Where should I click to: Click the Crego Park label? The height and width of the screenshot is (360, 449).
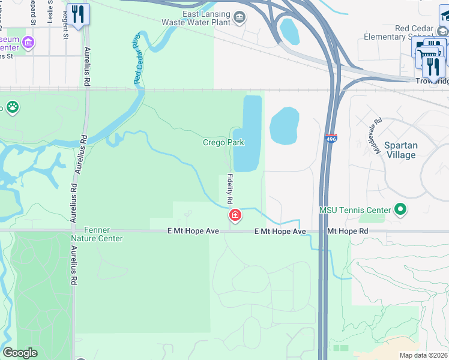(223, 143)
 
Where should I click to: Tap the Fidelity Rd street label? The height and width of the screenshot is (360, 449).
(230, 188)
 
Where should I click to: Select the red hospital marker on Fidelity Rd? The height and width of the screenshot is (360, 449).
(235, 215)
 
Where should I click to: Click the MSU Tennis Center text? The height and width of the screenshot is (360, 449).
(354, 210)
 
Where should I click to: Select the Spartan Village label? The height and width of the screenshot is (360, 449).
(400, 150)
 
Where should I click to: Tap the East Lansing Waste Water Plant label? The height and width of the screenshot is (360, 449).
(198, 19)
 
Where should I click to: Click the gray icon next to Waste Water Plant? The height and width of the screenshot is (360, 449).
(240, 16)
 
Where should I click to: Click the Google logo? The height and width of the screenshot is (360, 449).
(20, 353)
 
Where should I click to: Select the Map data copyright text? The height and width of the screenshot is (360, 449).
(424, 355)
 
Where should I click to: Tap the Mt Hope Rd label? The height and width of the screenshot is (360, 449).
(348, 231)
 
